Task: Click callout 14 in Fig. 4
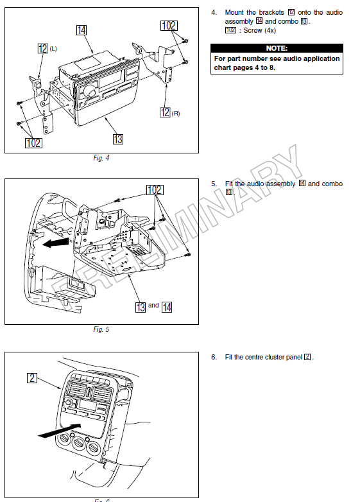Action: tap(81, 30)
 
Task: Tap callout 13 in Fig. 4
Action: tap(117, 138)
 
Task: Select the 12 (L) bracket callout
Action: tap(43, 48)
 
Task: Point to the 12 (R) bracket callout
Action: tap(165, 112)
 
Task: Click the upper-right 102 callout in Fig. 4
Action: tap(169, 26)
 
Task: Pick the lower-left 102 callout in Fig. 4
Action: tap(33, 143)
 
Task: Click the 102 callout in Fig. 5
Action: tap(154, 190)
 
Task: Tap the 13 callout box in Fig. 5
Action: tap(141, 307)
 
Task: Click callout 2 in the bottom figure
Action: tap(32, 377)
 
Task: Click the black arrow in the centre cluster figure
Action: tap(60, 430)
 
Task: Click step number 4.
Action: tap(214, 13)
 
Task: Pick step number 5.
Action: tap(214, 184)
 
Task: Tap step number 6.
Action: tap(214, 357)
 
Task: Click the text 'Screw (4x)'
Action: tap(259, 30)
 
